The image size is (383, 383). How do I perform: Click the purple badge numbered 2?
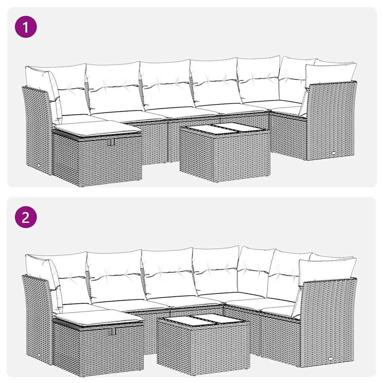[x=26, y=217]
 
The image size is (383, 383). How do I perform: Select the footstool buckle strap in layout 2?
[x=114, y=331]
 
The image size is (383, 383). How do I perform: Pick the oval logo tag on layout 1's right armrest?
[x=333, y=153]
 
